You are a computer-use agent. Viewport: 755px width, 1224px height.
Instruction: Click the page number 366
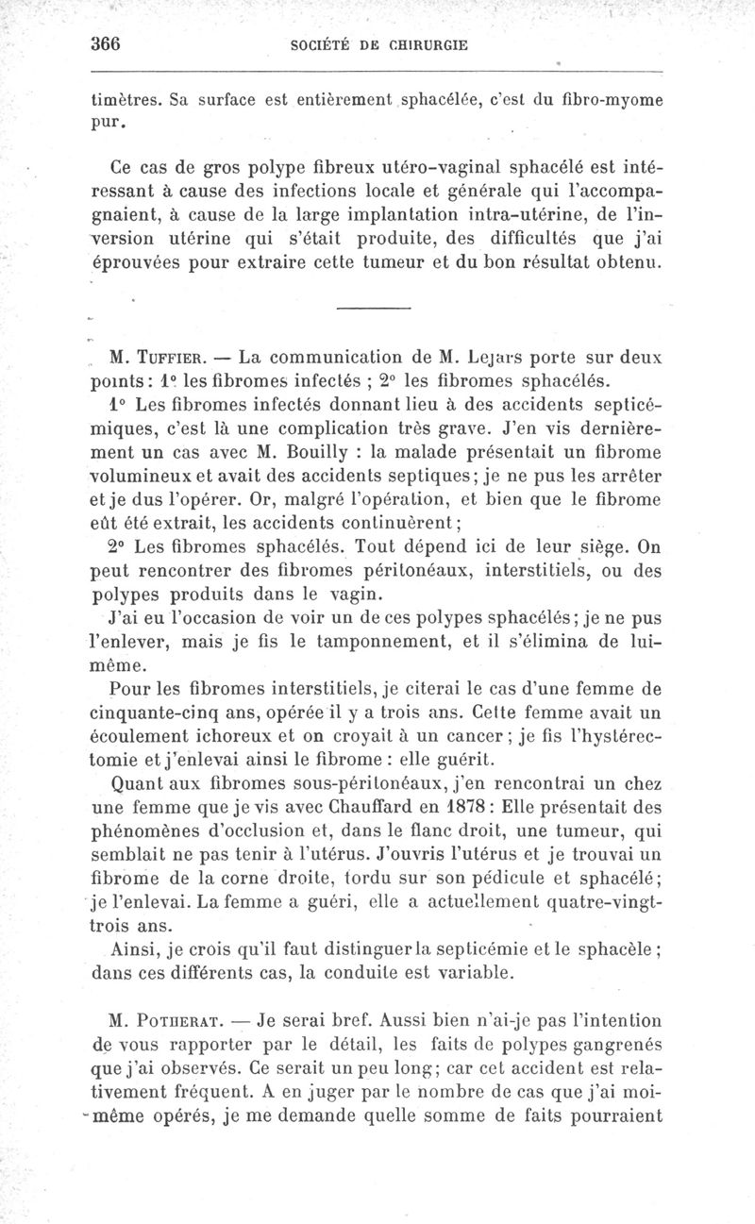coord(109,43)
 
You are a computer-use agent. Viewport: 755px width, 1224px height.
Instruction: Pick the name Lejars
coord(500,359)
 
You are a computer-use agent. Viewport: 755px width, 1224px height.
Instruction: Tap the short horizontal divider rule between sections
coord(374,309)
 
